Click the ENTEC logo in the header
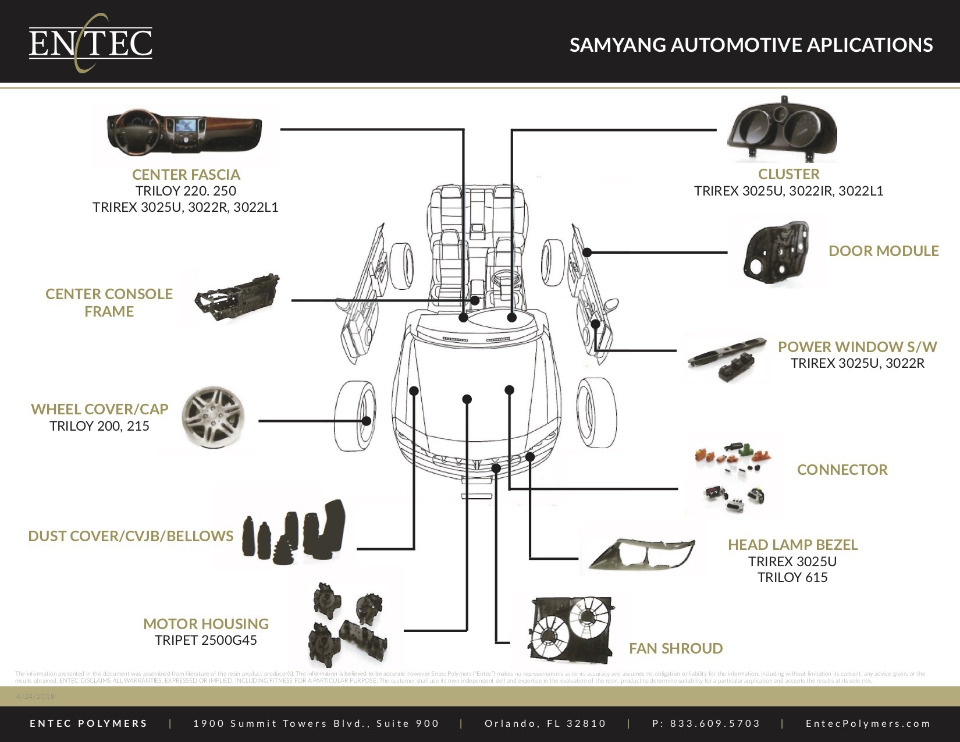pos(90,42)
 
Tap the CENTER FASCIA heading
pos(186,175)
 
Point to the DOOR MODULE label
pos(883,251)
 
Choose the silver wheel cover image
pos(213,417)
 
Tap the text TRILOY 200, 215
pos(99,426)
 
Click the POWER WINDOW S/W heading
pos(857,347)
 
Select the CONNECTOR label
pos(842,470)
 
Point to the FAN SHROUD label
pos(675,648)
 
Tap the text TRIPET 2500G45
pos(205,640)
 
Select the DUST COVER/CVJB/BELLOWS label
pos(130,536)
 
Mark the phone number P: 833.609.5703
pos(706,723)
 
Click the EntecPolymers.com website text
pos(868,723)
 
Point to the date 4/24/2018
pos(35,696)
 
